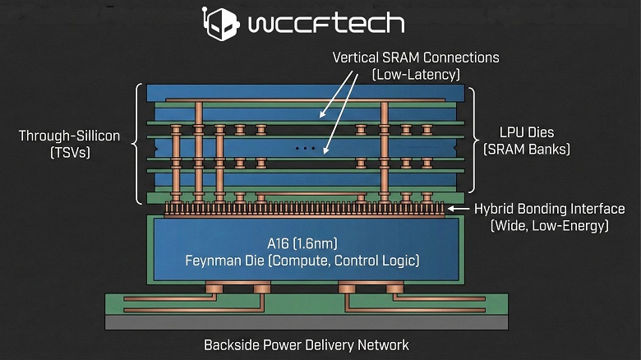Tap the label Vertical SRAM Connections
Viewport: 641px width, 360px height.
pos(416,58)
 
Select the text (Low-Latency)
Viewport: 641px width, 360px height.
pos(416,75)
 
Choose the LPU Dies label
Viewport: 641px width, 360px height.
pos(526,132)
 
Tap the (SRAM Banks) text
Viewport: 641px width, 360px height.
pos(526,150)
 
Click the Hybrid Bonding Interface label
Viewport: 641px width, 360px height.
pos(550,209)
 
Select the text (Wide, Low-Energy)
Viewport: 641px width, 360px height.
pos(549,226)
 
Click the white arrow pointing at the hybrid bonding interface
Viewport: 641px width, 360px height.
pos(458,210)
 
